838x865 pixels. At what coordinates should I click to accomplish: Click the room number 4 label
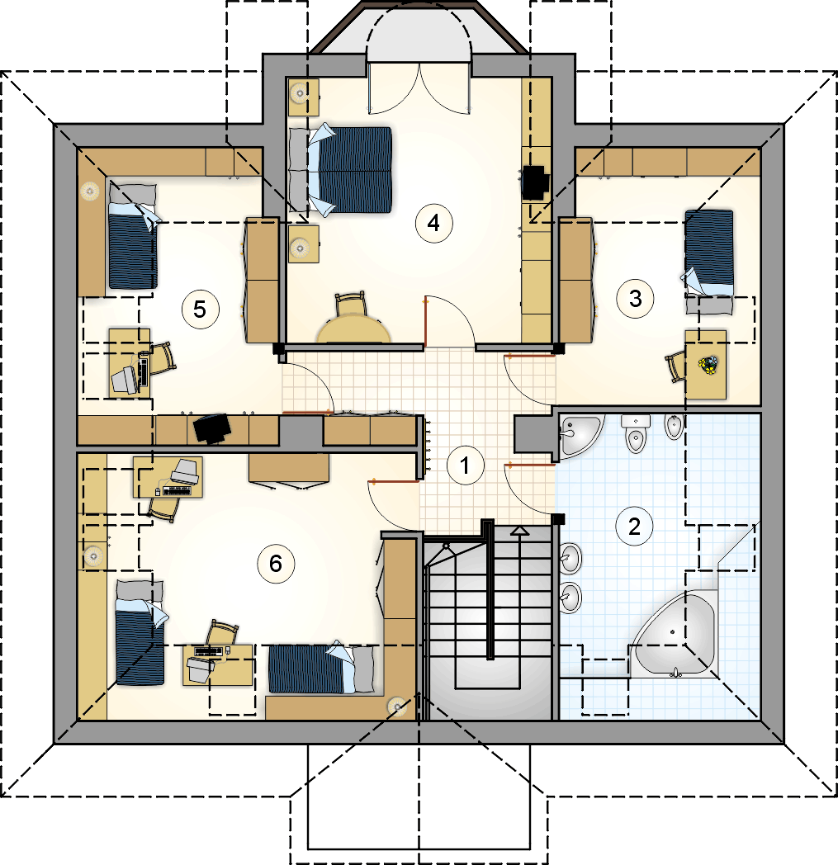coord(433,223)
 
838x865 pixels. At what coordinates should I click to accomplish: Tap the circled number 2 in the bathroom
coord(634,527)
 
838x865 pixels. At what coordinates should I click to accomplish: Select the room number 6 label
coord(275,563)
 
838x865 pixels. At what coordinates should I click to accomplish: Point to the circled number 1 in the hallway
coord(465,466)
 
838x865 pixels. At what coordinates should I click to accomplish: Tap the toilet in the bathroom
coord(636,433)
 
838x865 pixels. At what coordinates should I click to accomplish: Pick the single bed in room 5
coord(132,236)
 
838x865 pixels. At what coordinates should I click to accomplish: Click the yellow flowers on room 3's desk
coord(708,365)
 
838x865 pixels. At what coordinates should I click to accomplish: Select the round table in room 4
coord(355,329)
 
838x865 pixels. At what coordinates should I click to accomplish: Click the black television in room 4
coord(534,182)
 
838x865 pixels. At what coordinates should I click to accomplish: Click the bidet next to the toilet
coord(674,427)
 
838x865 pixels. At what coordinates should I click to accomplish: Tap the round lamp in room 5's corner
coord(91,191)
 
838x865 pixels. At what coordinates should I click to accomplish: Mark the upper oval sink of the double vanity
coord(571,558)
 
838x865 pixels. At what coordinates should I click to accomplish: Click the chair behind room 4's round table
coord(351,304)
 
